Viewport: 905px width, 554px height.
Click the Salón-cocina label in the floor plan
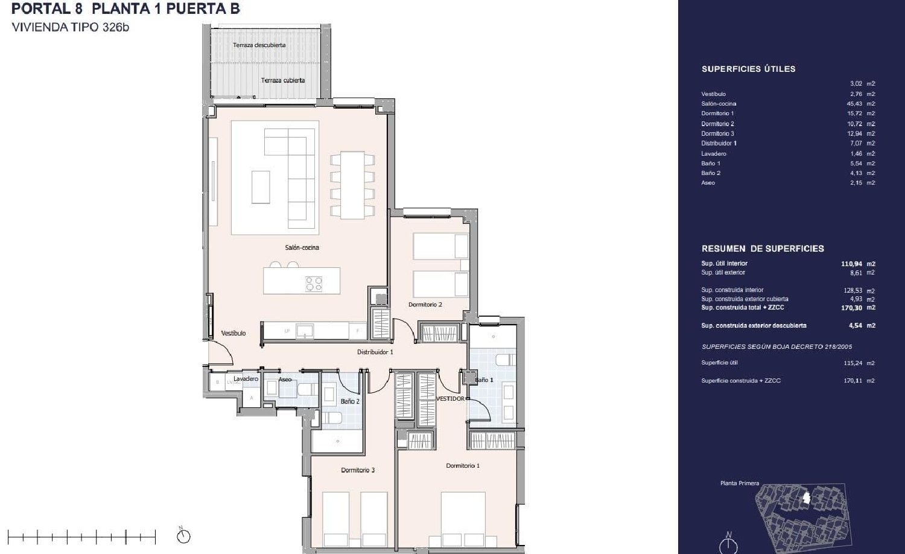pos(302,247)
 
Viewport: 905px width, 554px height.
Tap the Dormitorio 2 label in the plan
pos(425,305)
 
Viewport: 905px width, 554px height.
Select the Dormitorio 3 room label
pos(358,470)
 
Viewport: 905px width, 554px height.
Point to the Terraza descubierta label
pos(259,45)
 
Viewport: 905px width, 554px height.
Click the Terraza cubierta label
pos(282,80)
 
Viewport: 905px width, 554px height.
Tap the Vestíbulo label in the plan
pos(233,333)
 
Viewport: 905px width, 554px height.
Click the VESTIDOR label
pos(450,399)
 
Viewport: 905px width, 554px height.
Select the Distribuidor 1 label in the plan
pos(375,352)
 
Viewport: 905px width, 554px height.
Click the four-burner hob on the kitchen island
pos(313,284)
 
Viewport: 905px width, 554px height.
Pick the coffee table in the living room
pos(261,187)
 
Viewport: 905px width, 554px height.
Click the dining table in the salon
pos(352,185)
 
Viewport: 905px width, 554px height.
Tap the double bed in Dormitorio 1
pos(463,519)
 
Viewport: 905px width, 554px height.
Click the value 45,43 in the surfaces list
pos(854,104)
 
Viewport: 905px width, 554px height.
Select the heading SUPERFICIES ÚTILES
pos(748,69)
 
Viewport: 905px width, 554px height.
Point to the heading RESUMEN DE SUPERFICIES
pos(762,249)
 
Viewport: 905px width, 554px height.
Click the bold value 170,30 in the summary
pos(851,308)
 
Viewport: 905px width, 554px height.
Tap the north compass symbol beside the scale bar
pos(183,535)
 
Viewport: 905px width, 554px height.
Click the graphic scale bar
pos(81,536)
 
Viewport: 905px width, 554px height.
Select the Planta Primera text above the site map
pos(739,483)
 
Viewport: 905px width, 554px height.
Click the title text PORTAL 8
pos(47,9)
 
